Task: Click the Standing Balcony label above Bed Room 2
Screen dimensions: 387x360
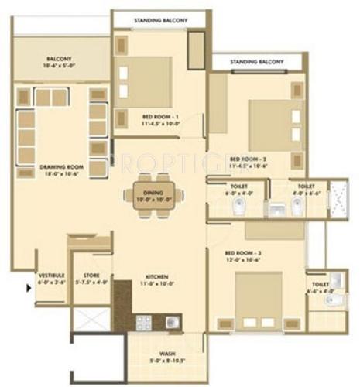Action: (x=257, y=62)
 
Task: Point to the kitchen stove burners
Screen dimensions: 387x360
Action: (x=144, y=320)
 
